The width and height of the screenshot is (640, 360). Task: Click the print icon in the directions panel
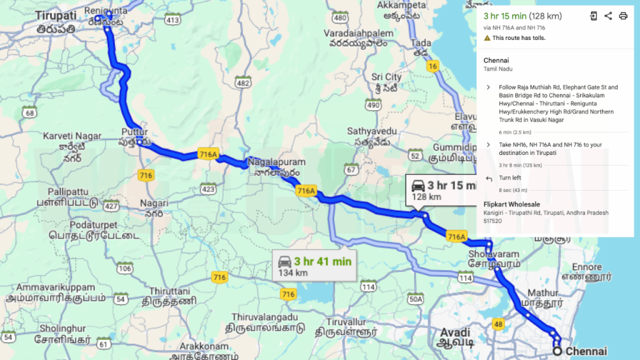coord(623,16)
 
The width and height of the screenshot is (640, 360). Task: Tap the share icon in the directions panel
coord(608,16)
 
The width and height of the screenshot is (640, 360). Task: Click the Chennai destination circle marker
coord(556,351)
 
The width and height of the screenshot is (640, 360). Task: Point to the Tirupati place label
coord(56,15)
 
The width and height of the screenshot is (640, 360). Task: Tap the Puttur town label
coord(135,132)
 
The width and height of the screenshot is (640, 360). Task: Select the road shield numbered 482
coord(243,83)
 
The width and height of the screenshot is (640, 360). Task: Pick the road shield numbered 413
coord(173,20)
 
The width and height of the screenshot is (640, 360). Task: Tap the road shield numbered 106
coord(125,269)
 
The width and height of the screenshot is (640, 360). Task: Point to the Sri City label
coord(386,77)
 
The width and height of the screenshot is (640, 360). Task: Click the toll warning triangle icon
coord(487,38)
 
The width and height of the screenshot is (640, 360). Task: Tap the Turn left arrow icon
coord(488,178)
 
